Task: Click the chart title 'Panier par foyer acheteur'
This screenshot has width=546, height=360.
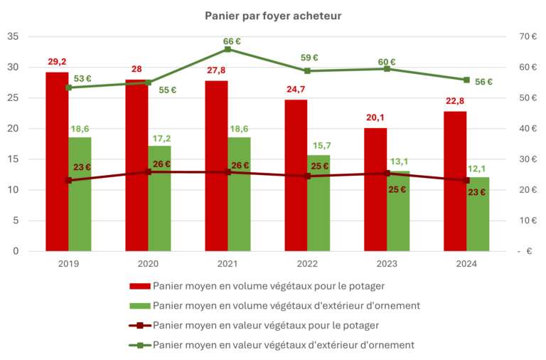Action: click(x=272, y=15)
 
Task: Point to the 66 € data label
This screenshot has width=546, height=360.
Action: click(x=232, y=41)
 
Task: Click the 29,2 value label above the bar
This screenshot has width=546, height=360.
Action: click(x=58, y=63)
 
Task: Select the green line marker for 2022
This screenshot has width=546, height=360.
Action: click(x=307, y=70)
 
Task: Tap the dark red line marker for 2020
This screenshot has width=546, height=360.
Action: click(x=148, y=171)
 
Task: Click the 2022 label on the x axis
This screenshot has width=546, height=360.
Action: click(x=307, y=264)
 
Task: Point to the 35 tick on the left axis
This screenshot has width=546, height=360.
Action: click(x=14, y=36)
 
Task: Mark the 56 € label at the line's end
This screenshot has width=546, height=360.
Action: click(x=483, y=82)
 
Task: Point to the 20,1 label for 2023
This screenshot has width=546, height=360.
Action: click(x=376, y=119)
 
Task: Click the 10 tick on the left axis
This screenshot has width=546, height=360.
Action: click(x=14, y=190)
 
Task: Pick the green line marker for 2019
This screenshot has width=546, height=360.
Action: click(x=68, y=88)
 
